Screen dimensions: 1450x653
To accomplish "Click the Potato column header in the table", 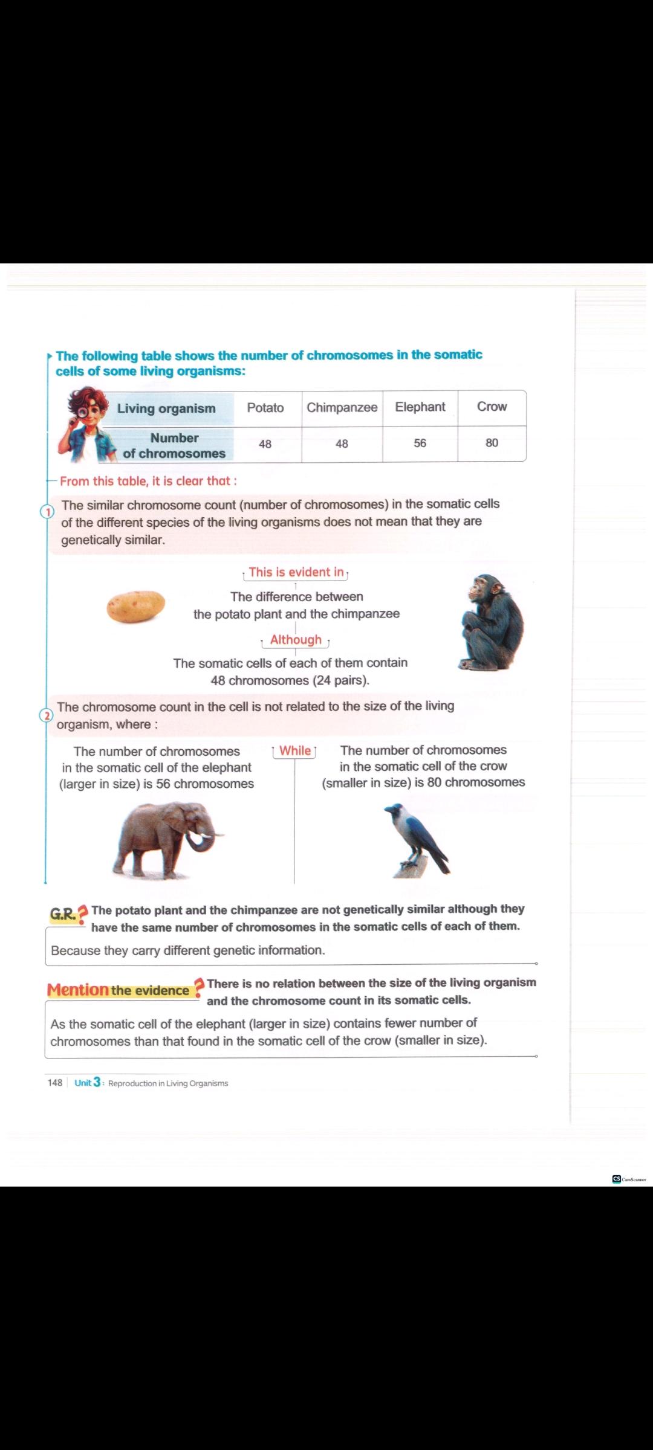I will (x=265, y=408).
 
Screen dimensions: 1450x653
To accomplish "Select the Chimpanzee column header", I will (x=342, y=408).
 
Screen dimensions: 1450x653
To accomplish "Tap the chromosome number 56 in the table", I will (x=420, y=443).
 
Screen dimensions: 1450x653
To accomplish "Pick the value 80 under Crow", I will (x=492, y=443).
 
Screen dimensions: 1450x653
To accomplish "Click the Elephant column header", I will (x=420, y=407).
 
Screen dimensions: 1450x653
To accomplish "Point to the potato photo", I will (x=135, y=606).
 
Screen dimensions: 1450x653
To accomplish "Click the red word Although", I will (x=296, y=640).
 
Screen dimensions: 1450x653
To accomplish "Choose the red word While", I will (x=295, y=751).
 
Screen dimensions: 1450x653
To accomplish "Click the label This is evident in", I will (x=296, y=572).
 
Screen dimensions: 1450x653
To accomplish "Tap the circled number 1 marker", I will (x=47, y=512).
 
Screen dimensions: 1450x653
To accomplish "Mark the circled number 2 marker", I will (x=46, y=715).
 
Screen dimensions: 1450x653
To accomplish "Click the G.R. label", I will (x=63, y=914).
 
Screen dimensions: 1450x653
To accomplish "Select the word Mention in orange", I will (x=77, y=990).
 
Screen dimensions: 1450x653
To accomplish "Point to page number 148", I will (x=54, y=1083).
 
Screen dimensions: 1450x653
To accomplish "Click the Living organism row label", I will (x=166, y=408).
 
